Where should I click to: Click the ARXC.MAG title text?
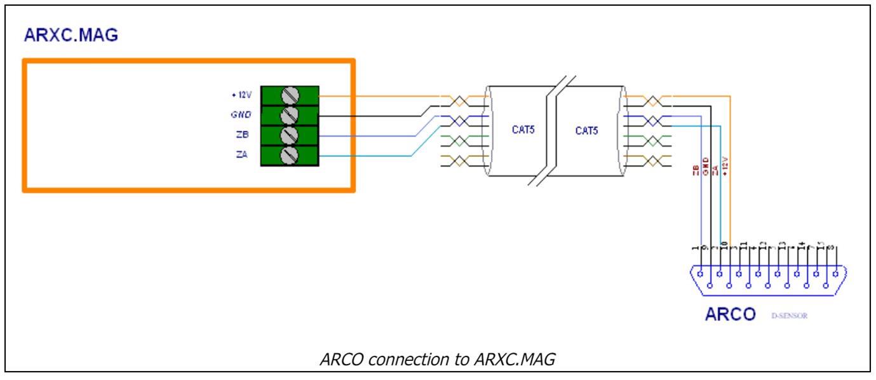click(x=71, y=36)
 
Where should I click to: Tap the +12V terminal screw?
click(x=290, y=96)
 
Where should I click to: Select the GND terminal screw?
click(x=290, y=116)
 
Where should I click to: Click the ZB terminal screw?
click(x=290, y=135)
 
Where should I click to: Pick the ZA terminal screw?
click(x=290, y=155)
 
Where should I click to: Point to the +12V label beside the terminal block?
click(x=241, y=95)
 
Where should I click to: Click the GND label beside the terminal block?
click(x=241, y=115)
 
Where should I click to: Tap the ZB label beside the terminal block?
click(x=242, y=135)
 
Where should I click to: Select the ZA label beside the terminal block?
click(x=242, y=154)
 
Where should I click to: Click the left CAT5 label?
click(x=523, y=130)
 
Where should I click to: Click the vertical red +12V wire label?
click(x=725, y=166)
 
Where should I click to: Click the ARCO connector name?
click(x=731, y=315)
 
